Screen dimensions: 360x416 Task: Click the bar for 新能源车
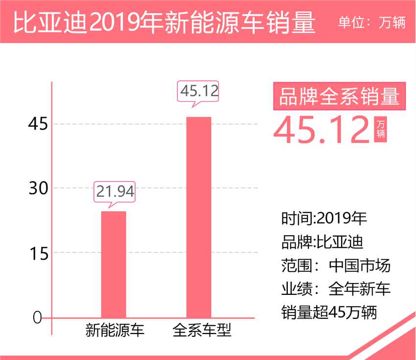[x=114, y=264]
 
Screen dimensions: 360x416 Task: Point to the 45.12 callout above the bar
[x=199, y=90]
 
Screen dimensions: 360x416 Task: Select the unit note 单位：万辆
[x=372, y=23]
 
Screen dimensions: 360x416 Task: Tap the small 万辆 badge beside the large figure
[x=380, y=129]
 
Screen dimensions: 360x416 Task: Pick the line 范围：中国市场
[x=336, y=265]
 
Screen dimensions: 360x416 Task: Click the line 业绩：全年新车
[x=336, y=289]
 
